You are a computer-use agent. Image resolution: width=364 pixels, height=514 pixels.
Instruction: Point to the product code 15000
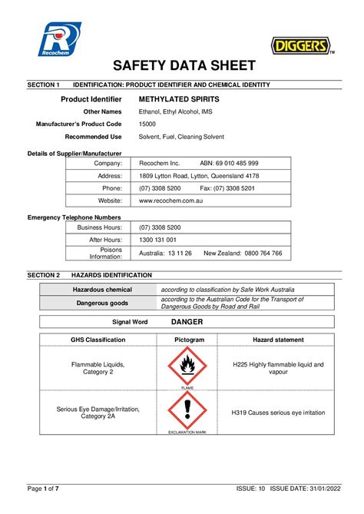[x=147, y=124]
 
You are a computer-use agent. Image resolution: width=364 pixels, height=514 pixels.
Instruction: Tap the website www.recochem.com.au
[x=170, y=200]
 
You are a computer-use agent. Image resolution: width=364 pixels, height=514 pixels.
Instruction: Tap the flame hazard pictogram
[x=187, y=367]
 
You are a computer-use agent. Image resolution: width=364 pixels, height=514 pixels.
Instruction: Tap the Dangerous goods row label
[x=102, y=303]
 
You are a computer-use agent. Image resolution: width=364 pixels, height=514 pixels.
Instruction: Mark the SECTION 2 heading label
[x=43, y=274]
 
